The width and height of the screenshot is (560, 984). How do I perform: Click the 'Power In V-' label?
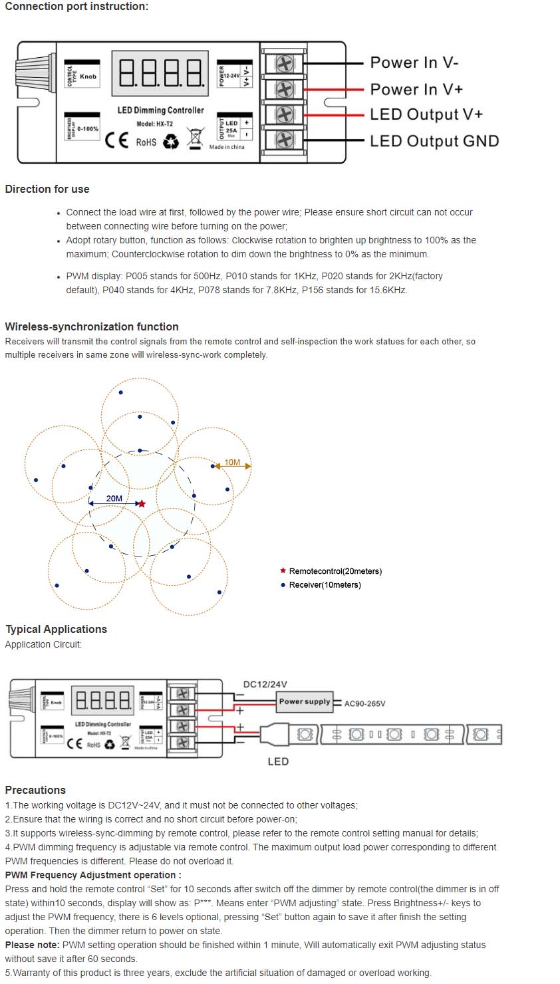point(414,62)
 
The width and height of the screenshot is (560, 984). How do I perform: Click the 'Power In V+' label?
point(416,89)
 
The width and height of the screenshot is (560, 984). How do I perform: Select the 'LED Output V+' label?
point(426,114)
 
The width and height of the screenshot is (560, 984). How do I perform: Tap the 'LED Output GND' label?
point(434,141)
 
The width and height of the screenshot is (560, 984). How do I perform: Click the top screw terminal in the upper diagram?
point(284,64)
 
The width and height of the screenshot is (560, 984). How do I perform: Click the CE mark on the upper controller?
point(117,141)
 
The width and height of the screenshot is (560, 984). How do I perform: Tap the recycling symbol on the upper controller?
point(171,141)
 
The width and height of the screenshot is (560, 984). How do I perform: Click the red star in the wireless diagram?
point(141,504)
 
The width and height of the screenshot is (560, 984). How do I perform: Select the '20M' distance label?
point(114,498)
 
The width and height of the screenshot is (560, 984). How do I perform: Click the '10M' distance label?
point(232,462)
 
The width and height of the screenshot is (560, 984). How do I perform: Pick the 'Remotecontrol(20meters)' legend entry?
point(335,571)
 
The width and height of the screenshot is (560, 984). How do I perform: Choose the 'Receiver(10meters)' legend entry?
point(325,585)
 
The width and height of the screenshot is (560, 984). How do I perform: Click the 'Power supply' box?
point(305,701)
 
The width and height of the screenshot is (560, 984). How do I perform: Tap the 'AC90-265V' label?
point(364,703)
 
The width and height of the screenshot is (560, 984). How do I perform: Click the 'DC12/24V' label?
point(265,684)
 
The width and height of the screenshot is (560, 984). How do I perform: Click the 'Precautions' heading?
point(35,790)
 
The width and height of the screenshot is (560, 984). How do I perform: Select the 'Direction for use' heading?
point(47,189)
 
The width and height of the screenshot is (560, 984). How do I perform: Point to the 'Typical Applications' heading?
point(56,629)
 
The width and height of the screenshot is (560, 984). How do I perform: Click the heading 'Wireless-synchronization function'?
point(91,326)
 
